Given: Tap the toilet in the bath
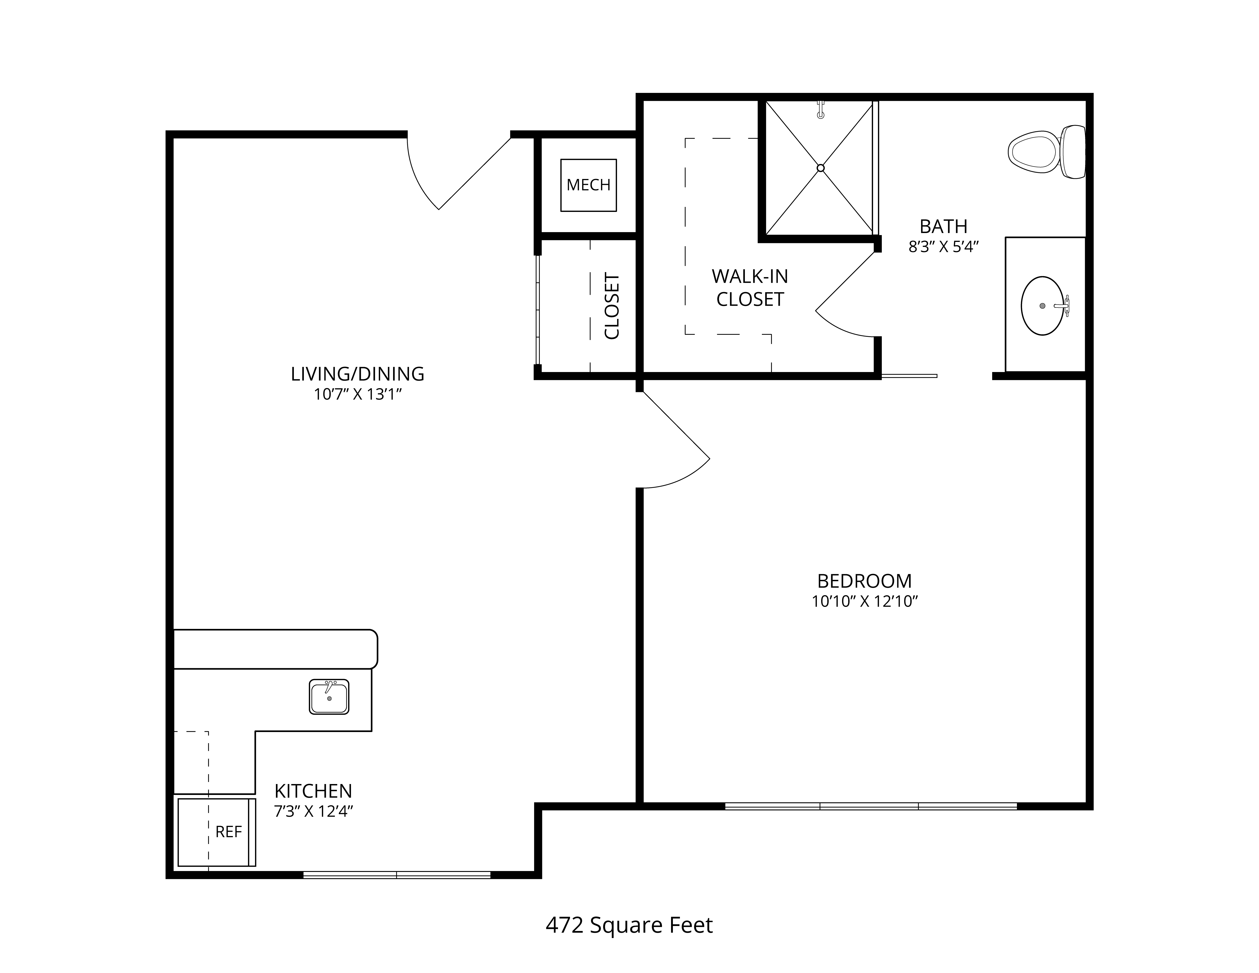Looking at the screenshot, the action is (1046, 151).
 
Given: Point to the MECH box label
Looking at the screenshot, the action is (589, 185).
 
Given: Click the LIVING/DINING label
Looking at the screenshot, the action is (357, 374).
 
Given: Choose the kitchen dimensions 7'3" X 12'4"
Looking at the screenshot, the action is (313, 812).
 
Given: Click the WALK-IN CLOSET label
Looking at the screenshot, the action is (750, 288).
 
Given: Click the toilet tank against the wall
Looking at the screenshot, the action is (1073, 151).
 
